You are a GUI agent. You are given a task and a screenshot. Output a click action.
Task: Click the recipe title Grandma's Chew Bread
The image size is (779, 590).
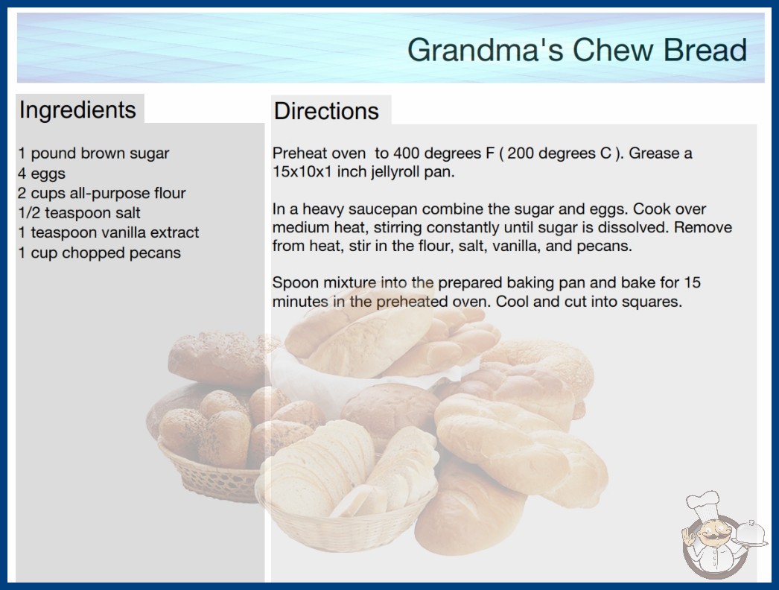pyautogui.click(x=576, y=50)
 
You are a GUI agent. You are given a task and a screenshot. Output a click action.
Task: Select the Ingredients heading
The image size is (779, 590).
pyautogui.click(x=77, y=110)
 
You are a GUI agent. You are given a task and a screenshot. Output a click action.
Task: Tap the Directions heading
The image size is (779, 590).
pyautogui.click(x=326, y=111)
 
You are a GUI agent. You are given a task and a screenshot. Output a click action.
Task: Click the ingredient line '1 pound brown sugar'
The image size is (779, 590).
pyautogui.click(x=93, y=153)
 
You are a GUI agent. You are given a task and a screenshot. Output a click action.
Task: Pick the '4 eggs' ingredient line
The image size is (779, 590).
pyautogui.click(x=42, y=174)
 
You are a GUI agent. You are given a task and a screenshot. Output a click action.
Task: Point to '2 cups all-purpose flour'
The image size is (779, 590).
pyautogui.click(x=102, y=193)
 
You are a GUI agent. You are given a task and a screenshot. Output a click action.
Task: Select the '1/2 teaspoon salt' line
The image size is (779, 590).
pyautogui.click(x=79, y=213)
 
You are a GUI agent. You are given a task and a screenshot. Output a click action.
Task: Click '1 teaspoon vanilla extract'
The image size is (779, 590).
pyautogui.click(x=108, y=232)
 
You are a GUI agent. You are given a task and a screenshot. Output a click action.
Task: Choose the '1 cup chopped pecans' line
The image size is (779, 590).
pyautogui.click(x=99, y=253)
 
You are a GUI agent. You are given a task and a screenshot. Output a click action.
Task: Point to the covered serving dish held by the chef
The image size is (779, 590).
pyautogui.click(x=751, y=533)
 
